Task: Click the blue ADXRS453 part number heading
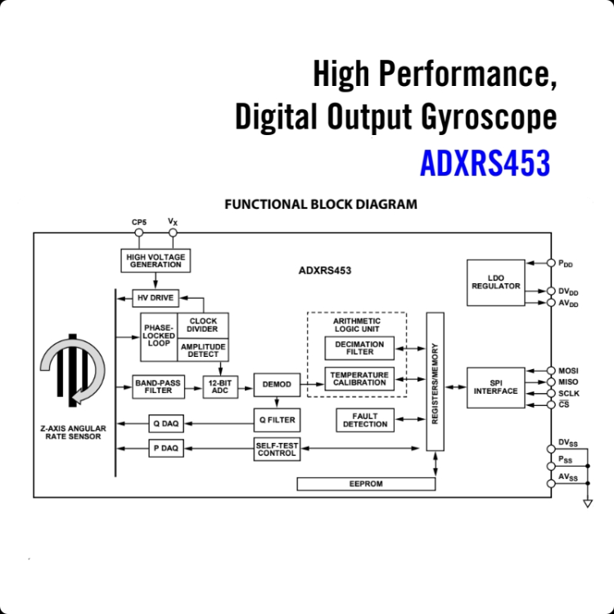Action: click(x=485, y=163)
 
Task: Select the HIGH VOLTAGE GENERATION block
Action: click(x=156, y=260)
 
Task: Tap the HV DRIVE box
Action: click(x=156, y=298)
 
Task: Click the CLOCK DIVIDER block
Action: click(x=203, y=325)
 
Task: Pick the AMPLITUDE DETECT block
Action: click(x=203, y=350)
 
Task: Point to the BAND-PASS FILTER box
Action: click(x=158, y=387)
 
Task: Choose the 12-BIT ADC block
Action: click(x=220, y=387)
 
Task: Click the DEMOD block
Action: click(x=277, y=385)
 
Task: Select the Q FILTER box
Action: click(x=277, y=420)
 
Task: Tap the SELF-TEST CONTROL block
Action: click(x=277, y=449)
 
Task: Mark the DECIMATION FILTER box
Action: click(x=359, y=348)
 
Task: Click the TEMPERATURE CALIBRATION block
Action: click(x=359, y=379)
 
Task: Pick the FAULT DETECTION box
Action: click(x=365, y=420)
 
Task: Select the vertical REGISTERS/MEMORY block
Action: click(x=435, y=381)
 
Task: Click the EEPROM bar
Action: click(x=366, y=484)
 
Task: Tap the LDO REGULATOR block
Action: click(x=496, y=282)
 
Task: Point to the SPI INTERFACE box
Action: click(x=496, y=388)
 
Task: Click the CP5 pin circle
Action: click(x=139, y=233)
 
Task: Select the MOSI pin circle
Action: click(x=551, y=370)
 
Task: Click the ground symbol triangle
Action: click(x=588, y=503)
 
